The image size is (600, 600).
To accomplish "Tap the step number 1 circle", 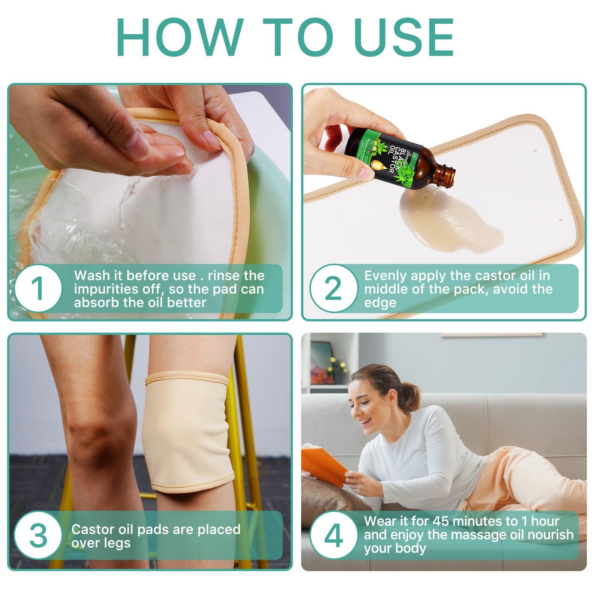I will [38, 289].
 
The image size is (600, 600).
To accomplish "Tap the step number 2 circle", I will [333, 289].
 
